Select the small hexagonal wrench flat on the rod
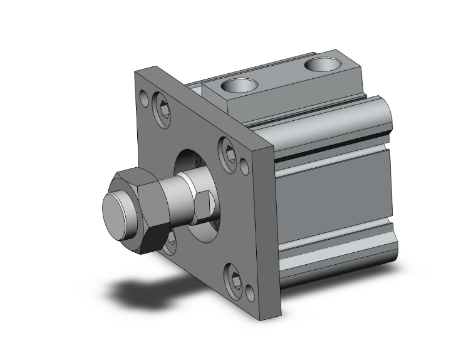202,207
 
